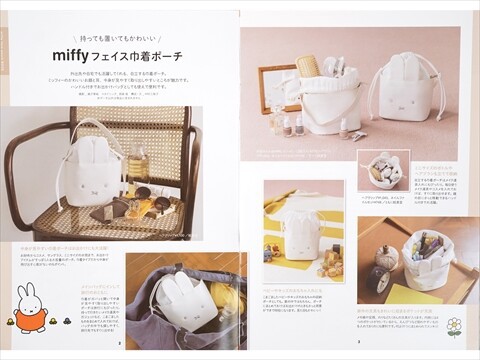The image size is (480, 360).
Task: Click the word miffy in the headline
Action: tap(74, 56)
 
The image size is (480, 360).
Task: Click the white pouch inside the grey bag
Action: tap(186, 300)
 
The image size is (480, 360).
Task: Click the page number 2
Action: tap(121, 341)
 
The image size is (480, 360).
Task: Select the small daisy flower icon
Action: tap(454, 326)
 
